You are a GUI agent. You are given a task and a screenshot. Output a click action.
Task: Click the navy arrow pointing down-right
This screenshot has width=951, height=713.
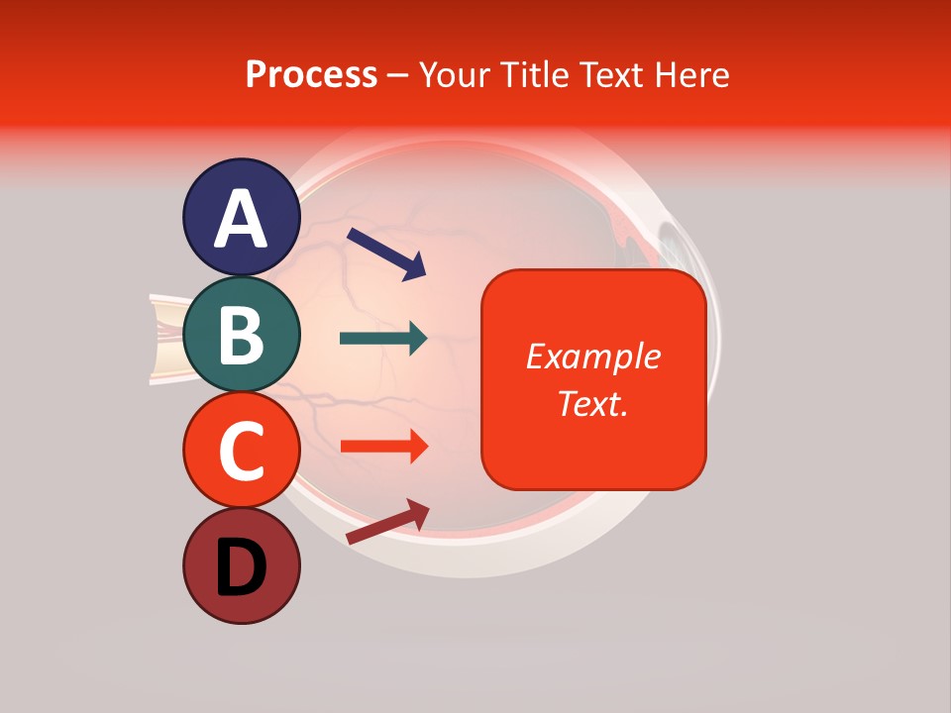pos(386,252)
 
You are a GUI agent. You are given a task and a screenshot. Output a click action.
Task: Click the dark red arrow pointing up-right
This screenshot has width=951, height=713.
pos(387,521)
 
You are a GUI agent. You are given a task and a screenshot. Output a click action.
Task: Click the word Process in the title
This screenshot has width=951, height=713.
pos(311,74)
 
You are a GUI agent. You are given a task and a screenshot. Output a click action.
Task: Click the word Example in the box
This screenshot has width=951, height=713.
pos(593,356)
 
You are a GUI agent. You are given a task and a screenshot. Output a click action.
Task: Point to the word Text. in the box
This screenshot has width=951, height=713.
pos(593,403)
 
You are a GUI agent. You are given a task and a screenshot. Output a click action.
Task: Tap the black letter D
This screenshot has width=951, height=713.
pos(241,567)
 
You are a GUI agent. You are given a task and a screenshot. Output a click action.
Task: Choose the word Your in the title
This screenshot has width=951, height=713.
pos(456,74)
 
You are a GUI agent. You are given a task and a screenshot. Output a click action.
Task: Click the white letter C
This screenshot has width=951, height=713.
pos(241,452)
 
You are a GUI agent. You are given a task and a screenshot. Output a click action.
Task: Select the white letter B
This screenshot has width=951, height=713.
pos(241,335)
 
